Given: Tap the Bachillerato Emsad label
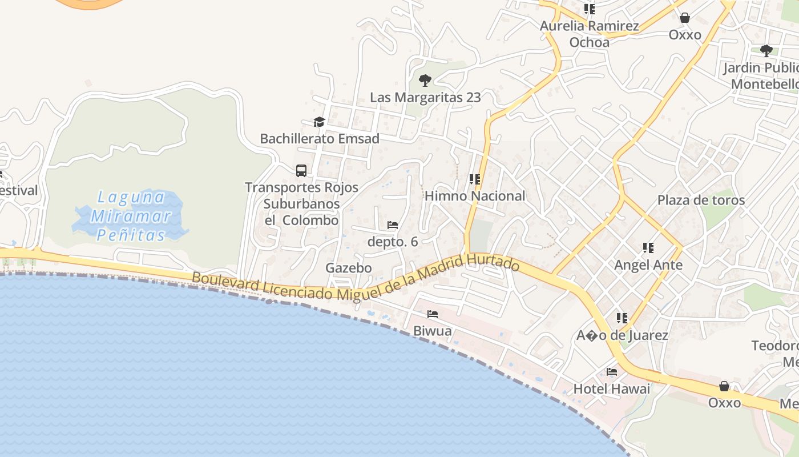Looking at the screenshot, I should [x=319, y=139].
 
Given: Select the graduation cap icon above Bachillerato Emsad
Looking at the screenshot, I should [x=319, y=122].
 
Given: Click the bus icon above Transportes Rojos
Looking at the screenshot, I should [x=301, y=170].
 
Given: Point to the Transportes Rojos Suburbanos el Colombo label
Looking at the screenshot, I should [x=301, y=203].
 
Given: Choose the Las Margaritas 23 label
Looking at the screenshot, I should [x=425, y=97].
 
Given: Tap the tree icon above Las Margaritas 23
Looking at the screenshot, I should [x=425, y=81].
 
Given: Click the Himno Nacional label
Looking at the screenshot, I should [x=474, y=196].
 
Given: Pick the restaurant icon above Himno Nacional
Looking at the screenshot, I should [x=474, y=179].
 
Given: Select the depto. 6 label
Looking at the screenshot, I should [x=393, y=242].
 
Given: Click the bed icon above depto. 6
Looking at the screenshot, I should [x=393, y=225].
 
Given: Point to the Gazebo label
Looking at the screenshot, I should [x=348, y=268].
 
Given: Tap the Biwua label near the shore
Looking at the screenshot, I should [x=432, y=331].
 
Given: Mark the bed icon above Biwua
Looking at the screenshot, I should [x=433, y=314].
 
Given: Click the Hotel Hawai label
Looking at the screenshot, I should [x=611, y=389].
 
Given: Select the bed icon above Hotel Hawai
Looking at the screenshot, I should [x=612, y=372].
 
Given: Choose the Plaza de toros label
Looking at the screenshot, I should [x=701, y=200].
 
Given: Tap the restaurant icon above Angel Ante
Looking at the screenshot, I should [x=648, y=248].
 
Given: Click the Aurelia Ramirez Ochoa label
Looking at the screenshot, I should [x=589, y=34].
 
